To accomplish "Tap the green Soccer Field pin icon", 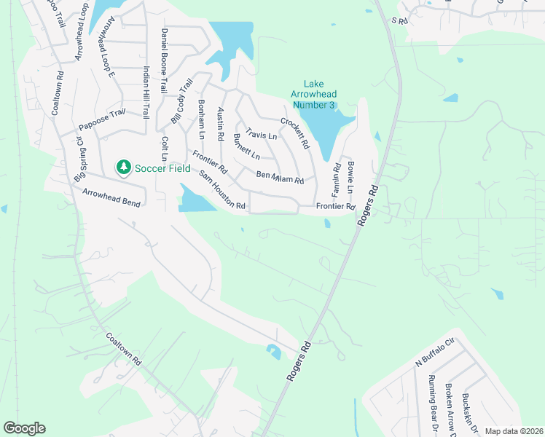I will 124,168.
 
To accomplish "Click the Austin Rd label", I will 221,124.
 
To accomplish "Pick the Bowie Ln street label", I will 350,177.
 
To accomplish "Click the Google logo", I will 24,428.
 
